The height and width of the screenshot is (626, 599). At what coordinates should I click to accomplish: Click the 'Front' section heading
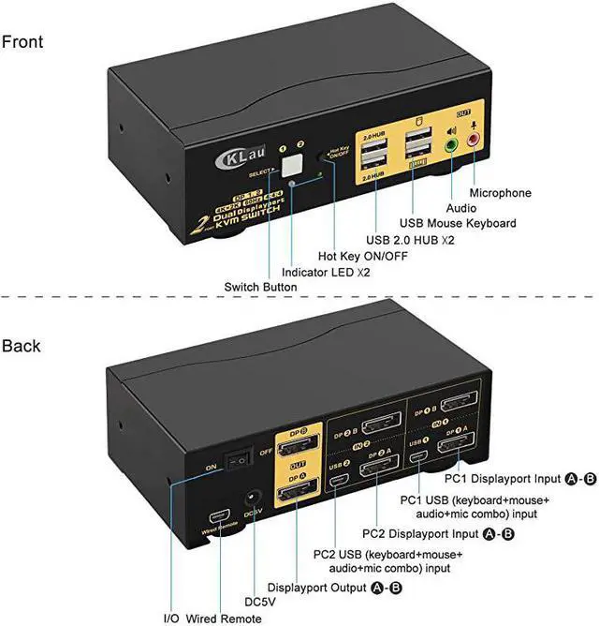click(x=22, y=42)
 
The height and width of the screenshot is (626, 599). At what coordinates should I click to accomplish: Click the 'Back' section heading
click(x=22, y=346)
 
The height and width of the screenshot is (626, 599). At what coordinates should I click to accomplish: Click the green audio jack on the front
click(x=451, y=146)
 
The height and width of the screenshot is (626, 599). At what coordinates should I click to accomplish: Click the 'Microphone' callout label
click(x=513, y=193)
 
